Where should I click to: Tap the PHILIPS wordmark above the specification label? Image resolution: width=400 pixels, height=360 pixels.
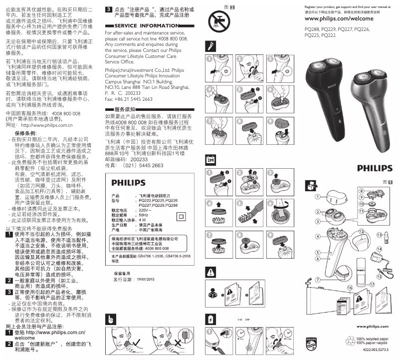[x=128, y=182]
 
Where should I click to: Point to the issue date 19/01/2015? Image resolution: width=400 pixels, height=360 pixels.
[x=146, y=279]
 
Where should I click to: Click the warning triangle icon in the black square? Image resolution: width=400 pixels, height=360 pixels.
[x=210, y=272]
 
